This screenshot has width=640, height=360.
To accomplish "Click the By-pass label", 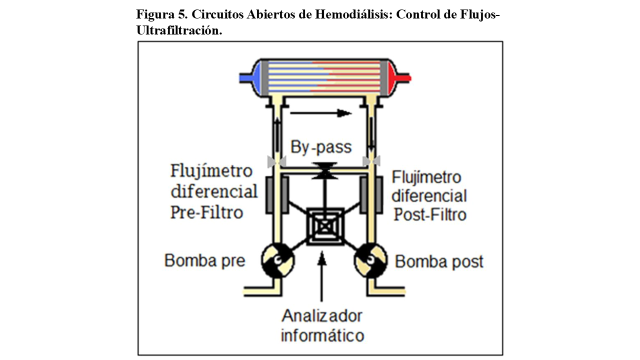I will coord(321,147).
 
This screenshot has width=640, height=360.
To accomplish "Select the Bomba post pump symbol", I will coord(370,259).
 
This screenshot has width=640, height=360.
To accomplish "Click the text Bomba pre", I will coord(205,260).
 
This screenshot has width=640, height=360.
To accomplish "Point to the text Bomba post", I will coord(439,261).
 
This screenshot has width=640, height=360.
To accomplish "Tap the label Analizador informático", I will coord(322,325).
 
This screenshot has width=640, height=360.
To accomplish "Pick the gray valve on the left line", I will coord(276,161).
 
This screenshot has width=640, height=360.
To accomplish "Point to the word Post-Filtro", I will coord(430,214).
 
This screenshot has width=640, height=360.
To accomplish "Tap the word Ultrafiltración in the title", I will coord(178,30).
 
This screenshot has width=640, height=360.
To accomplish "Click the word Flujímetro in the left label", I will coord(211,171).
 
